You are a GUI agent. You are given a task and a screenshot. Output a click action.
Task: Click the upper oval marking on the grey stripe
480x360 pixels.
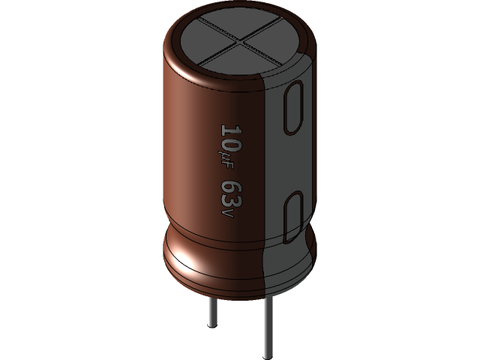click(293, 109)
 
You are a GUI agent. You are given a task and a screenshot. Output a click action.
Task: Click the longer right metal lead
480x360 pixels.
click(266, 322)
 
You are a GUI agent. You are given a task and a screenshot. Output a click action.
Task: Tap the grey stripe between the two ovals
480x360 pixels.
click(292, 161)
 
